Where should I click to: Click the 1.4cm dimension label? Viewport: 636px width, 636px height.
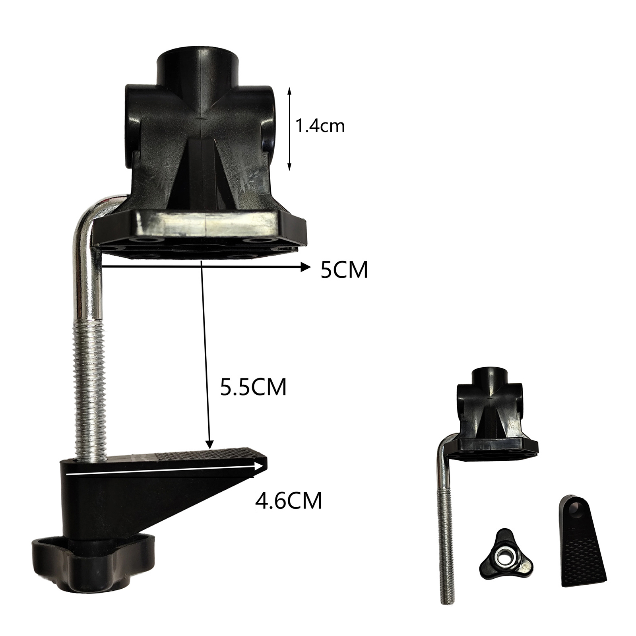tap(320, 126)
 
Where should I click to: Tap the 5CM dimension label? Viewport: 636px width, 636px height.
tap(345, 271)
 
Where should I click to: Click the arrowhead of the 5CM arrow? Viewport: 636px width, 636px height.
tap(305, 268)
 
